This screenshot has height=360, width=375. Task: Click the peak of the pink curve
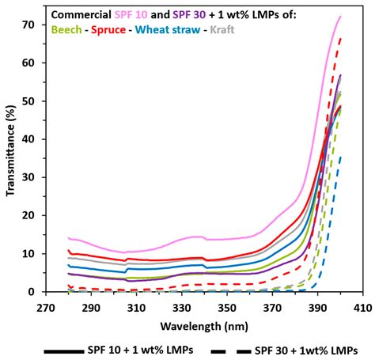(340, 17)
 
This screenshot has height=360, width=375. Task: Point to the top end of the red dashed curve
(340, 37)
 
